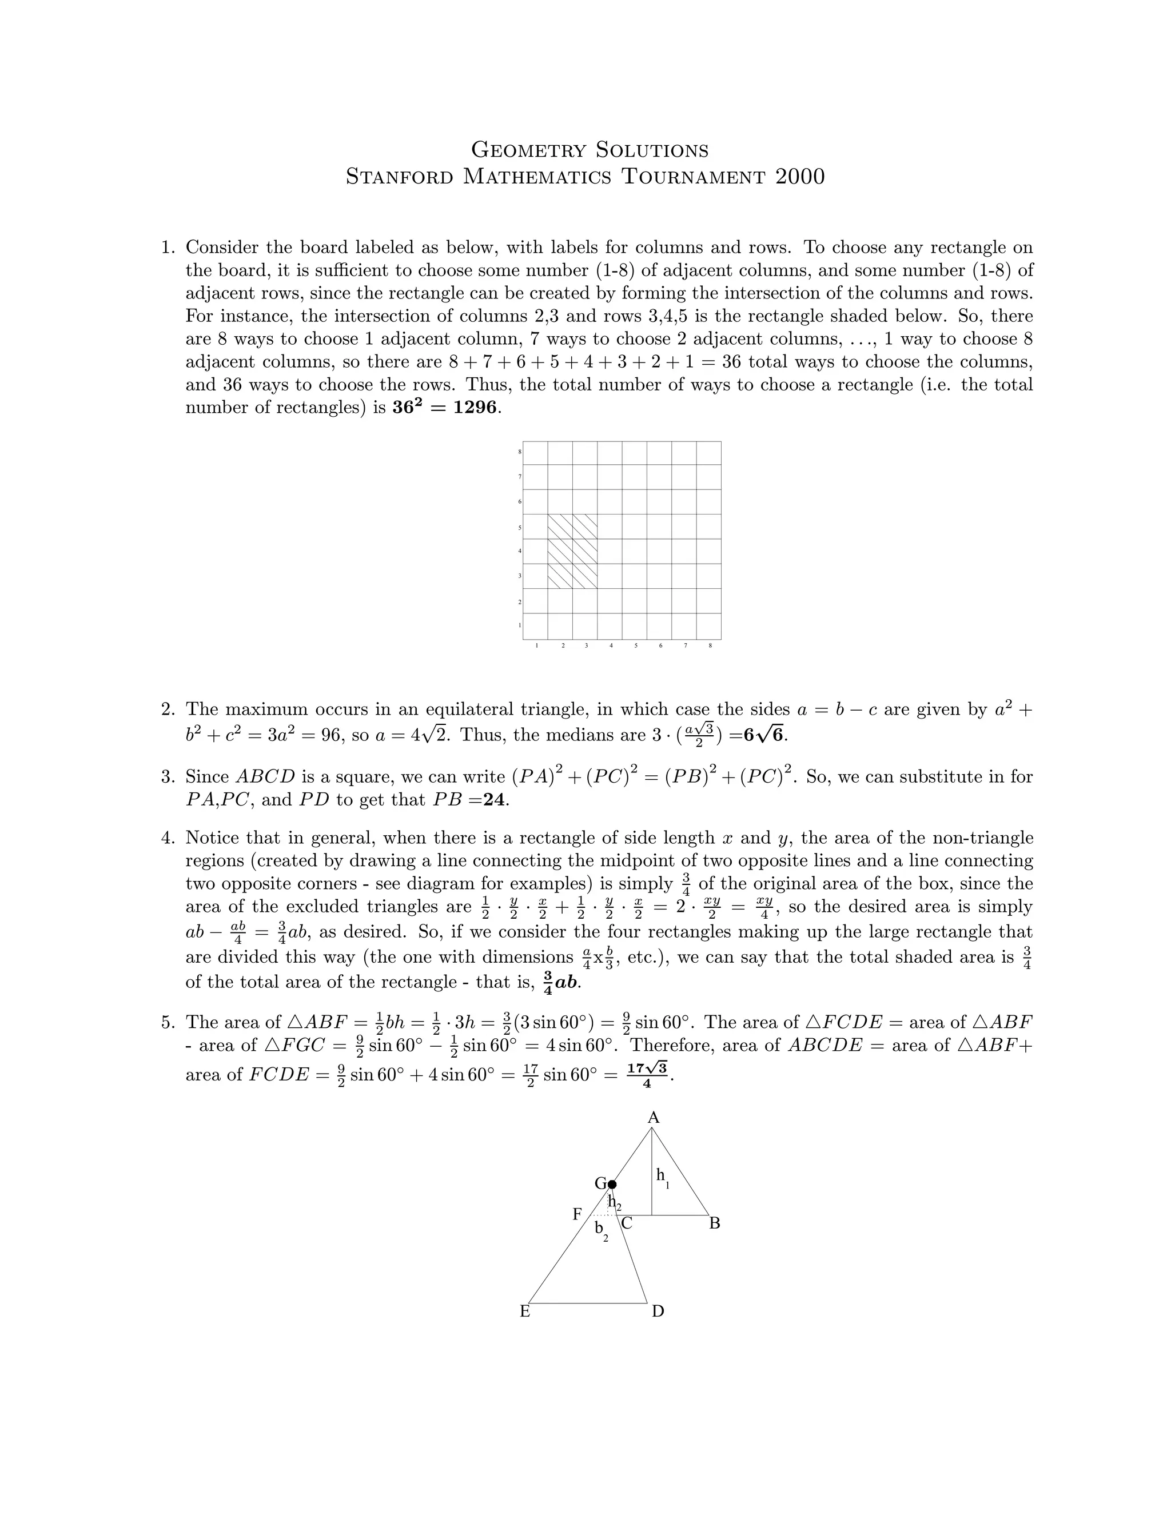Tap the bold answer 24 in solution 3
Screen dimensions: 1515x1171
pyautogui.click(x=496, y=800)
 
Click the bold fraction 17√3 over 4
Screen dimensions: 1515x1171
pyautogui.click(x=647, y=1074)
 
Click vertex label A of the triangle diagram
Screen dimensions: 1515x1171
pyautogui.click(x=653, y=1118)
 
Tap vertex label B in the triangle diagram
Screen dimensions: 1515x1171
pyautogui.click(x=715, y=1223)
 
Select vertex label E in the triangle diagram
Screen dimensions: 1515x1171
pyautogui.click(x=525, y=1311)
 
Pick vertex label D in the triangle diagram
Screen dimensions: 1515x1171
pyautogui.click(x=658, y=1311)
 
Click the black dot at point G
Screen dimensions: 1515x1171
pyautogui.click(x=611, y=1184)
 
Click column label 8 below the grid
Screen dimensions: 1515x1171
pyautogui.click(x=710, y=646)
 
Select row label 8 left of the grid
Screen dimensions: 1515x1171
pyautogui.click(x=519, y=452)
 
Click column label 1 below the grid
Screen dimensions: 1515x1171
pyautogui.click(x=537, y=646)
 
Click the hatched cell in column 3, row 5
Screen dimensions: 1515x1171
pyautogui.click(x=585, y=527)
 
